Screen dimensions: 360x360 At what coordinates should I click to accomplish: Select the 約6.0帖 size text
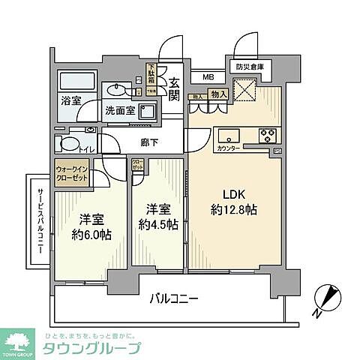pyautogui.click(x=91, y=235)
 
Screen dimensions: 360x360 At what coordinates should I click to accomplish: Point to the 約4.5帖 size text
pyautogui.click(x=157, y=223)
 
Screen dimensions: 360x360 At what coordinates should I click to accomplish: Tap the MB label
pyautogui.click(x=205, y=76)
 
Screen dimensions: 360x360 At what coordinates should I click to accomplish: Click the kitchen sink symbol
pyautogui.click(x=228, y=135)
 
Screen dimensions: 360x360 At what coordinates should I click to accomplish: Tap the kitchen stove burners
pyautogui.click(x=268, y=135)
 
